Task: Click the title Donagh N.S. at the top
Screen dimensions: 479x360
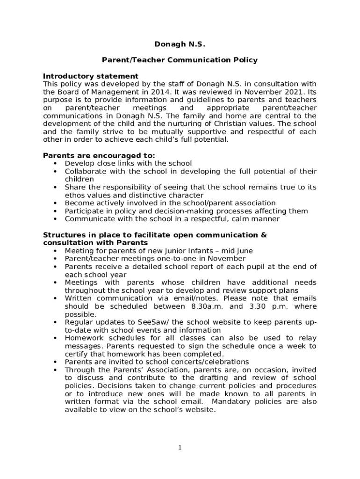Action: pyautogui.click(x=180, y=44)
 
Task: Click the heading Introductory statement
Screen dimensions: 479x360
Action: pyautogui.click(x=91, y=76)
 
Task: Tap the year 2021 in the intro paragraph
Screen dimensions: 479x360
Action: pyautogui.click(x=291, y=92)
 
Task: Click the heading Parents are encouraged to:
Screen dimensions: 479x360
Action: pyautogui.click(x=99, y=155)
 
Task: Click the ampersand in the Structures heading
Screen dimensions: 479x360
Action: pyautogui.click(x=264, y=235)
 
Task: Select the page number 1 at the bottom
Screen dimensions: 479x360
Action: pyautogui.click(x=180, y=448)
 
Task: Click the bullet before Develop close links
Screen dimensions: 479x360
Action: pyautogui.click(x=55, y=163)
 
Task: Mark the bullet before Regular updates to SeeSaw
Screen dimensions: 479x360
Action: pyautogui.click(x=55, y=322)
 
